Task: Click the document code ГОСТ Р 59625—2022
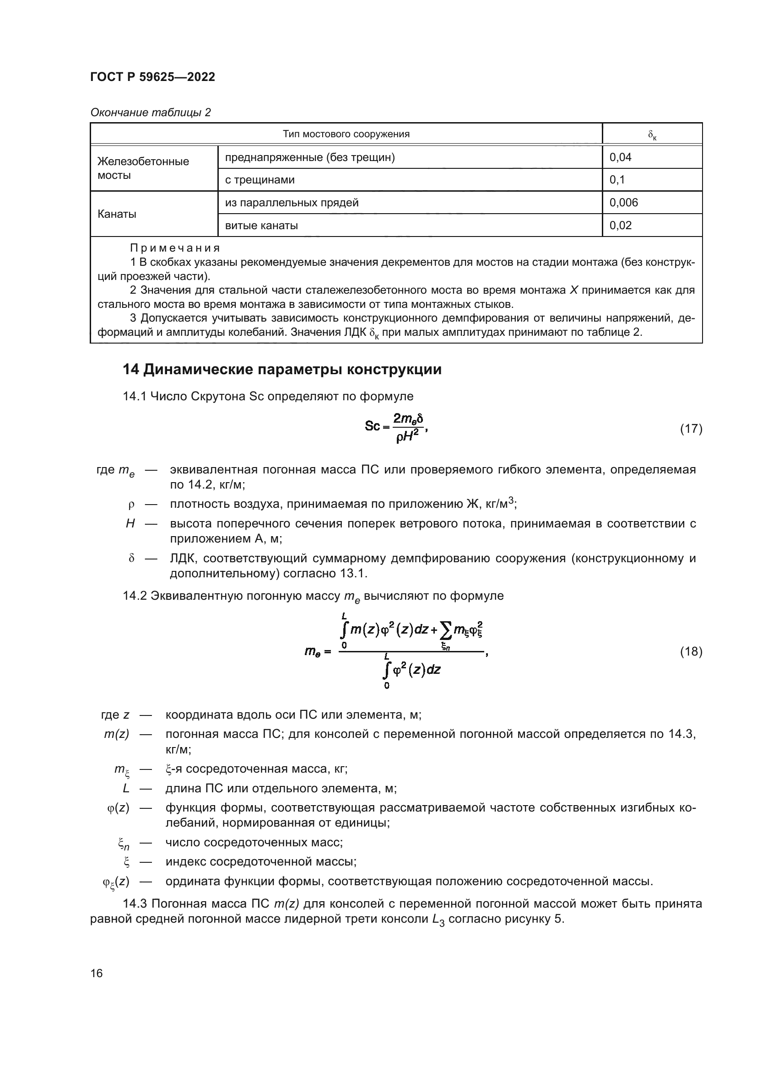tap(152, 77)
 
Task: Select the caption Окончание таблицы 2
tap(150, 113)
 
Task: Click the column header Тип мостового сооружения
tap(346, 134)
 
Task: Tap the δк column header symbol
tap(652, 135)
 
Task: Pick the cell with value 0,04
tap(620, 157)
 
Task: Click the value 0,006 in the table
tap(623, 202)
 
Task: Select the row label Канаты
tap(117, 215)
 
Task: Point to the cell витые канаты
tap(261, 226)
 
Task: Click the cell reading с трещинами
tap(260, 180)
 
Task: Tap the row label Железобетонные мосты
tap(143, 168)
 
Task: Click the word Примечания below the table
tap(175, 248)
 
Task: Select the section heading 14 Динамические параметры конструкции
tap(281, 370)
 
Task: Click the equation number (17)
tap(691, 429)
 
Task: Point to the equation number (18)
tap(691, 651)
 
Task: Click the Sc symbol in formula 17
tap(373, 426)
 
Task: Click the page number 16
tap(97, 973)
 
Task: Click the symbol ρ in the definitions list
tap(131, 504)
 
